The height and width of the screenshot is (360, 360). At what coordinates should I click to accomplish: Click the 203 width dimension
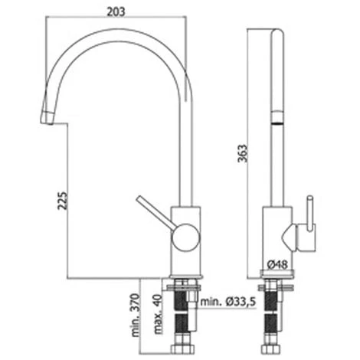tap(116, 12)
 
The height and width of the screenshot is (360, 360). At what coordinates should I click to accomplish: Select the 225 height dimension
tap(63, 201)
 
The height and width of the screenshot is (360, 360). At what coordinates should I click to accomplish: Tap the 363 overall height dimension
tap(243, 153)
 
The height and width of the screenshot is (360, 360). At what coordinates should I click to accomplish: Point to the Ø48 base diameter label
tap(277, 265)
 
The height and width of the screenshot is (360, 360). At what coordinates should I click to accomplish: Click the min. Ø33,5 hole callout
tap(227, 302)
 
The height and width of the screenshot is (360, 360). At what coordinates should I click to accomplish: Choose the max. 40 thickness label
tap(159, 314)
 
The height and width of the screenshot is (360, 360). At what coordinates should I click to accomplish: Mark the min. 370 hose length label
tap(136, 315)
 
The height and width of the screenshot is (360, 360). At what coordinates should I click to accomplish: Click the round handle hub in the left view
tap(185, 237)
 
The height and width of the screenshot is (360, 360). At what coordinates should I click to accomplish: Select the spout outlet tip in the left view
tap(47, 118)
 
